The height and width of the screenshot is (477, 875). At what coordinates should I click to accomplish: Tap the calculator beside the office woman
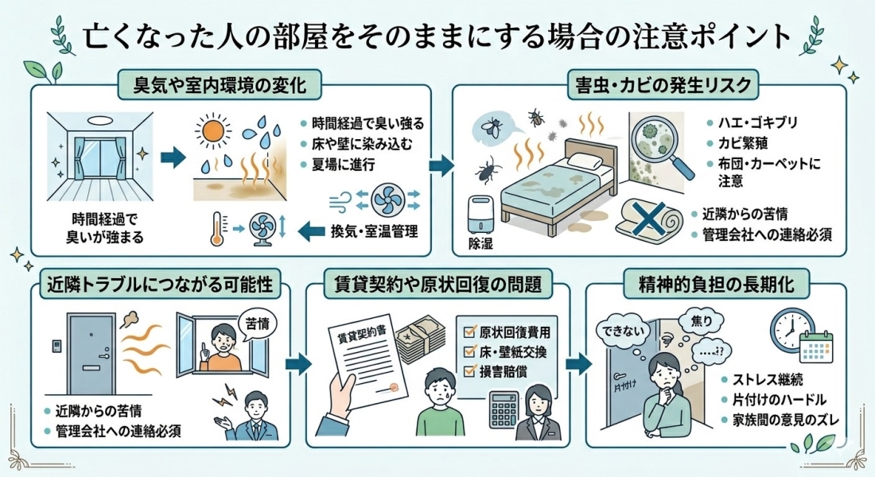click(x=504, y=409)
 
